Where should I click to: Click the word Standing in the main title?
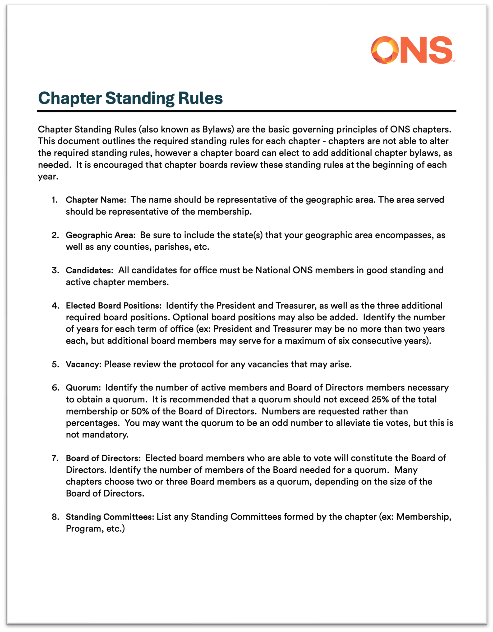(x=140, y=98)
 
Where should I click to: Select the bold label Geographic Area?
(x=100, y=235)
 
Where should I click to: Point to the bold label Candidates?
(x=90, y=270)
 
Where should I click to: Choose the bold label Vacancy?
(x=83, y=364)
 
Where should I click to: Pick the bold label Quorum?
(x=83, y=388)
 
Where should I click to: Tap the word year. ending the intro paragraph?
(x=48, y=176)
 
